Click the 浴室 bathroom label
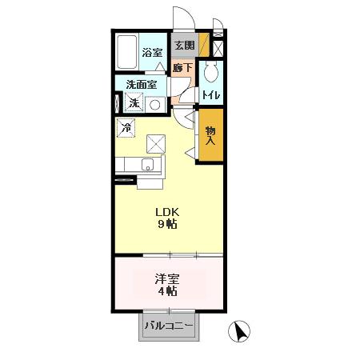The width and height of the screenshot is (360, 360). (153, 53)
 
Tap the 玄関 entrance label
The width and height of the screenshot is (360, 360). (183, 45)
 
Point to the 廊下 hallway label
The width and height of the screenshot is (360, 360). (182, 68)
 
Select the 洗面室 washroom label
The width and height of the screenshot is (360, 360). (140, 84)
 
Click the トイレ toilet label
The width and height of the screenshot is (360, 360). (210, 95)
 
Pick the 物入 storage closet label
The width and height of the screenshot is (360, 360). (210, 135)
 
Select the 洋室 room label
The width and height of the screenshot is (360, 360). (166, 279)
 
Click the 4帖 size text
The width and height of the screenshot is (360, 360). (166, 291)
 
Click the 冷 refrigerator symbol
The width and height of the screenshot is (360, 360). (126, 126)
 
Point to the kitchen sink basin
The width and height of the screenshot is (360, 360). (148, 166)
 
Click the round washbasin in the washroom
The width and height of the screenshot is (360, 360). (157, 104)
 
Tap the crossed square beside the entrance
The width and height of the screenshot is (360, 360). (217, 46)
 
